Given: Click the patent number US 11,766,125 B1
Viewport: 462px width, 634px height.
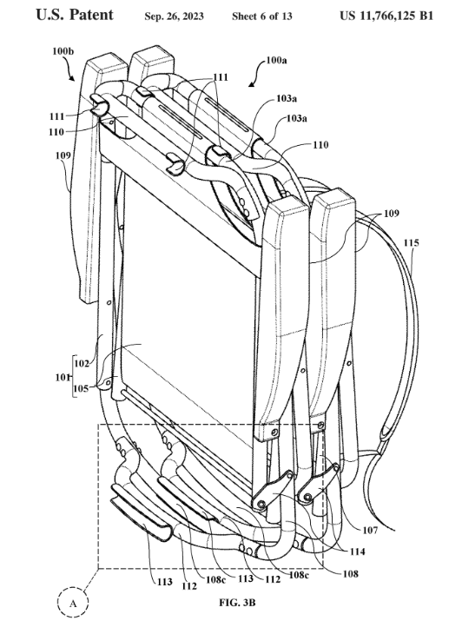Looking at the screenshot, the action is click(386, 16).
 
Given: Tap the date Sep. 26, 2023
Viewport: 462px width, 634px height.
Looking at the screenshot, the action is click(175, 17).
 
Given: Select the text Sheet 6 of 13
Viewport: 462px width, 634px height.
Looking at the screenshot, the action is click(262, 17).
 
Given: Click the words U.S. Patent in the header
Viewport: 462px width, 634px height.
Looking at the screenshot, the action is click(75, 15).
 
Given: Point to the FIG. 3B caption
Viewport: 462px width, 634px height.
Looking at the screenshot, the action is click(237, 603).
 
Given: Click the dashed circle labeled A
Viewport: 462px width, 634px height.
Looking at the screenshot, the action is click(73, 604).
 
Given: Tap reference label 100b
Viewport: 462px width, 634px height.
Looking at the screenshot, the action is click(63, 51).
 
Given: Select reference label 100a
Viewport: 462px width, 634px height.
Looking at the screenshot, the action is click(276, 61).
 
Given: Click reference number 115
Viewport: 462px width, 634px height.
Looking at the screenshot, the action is click(411, 242).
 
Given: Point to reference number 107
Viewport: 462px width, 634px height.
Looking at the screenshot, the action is click(370, 530).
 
